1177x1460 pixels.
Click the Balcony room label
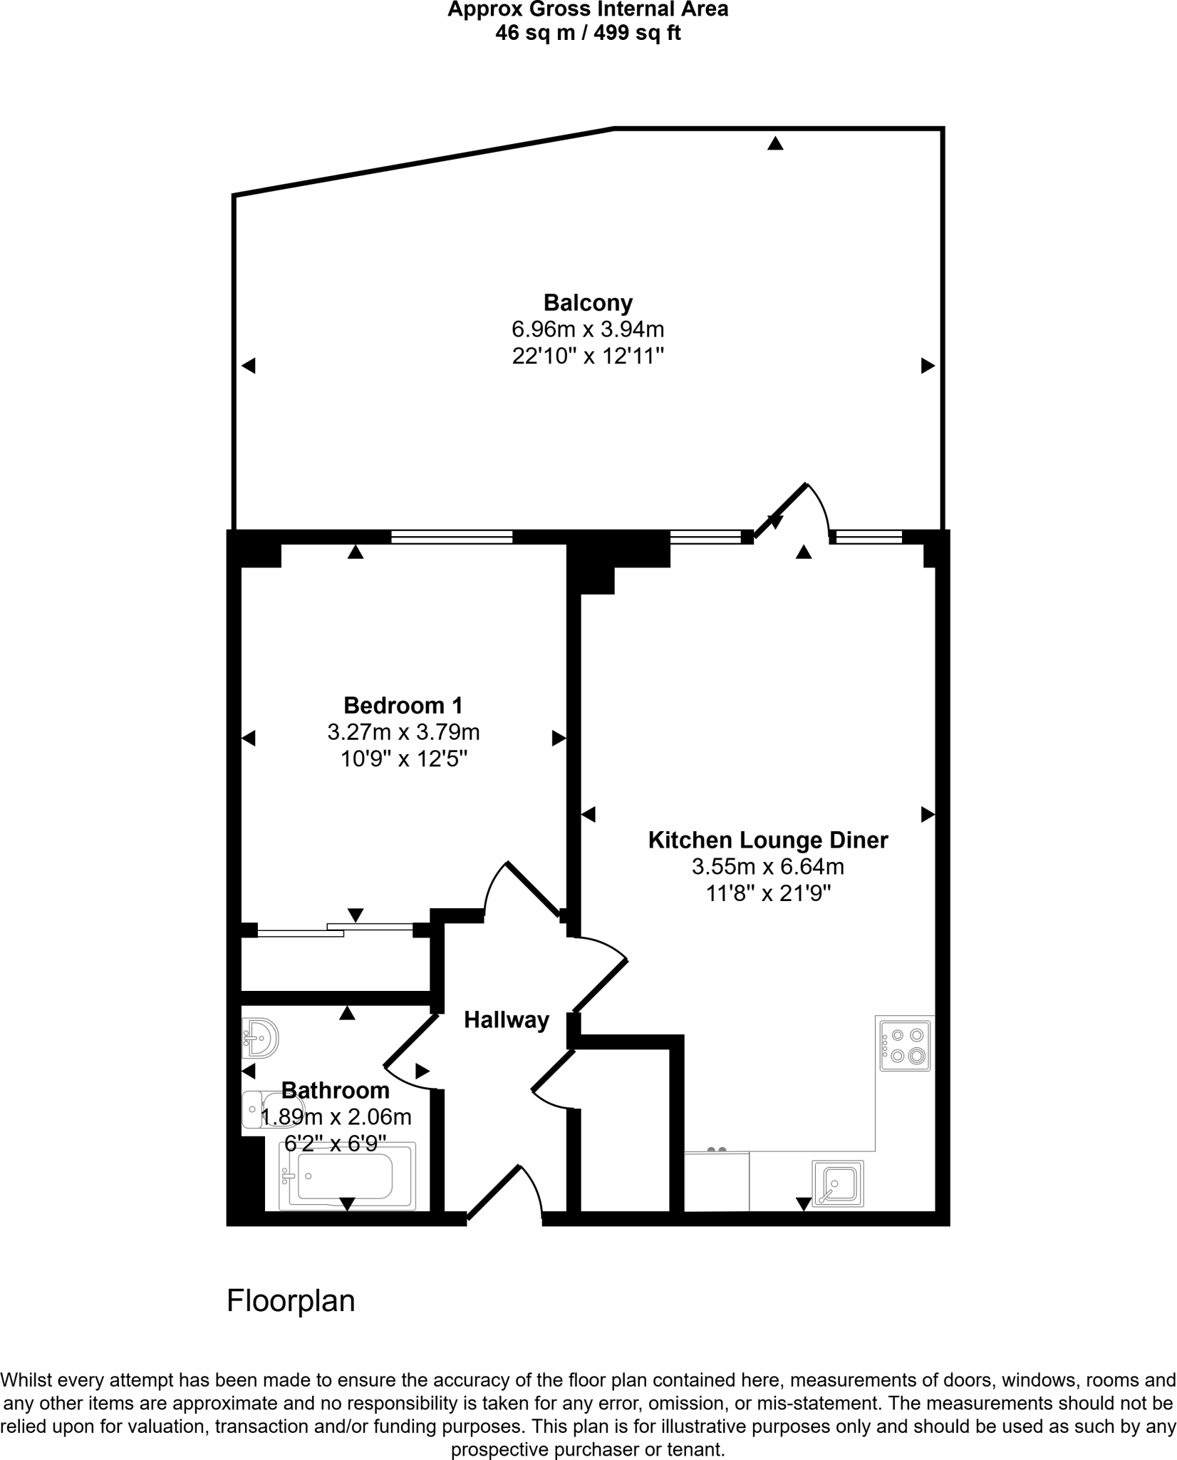point(588,303)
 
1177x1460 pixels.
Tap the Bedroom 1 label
point(403,705)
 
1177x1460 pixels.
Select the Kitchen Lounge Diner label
point(768,840)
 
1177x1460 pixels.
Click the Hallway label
point(507,1020)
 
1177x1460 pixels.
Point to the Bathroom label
point(336,1090)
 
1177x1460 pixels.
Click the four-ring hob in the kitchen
point(905,1045)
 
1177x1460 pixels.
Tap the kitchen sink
point(838,1183)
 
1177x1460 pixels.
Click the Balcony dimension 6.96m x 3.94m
point(588,329)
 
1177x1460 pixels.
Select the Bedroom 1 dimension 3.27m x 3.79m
point(403,732)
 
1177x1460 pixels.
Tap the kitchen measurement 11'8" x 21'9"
point(768,893)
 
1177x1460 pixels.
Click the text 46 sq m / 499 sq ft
point(588,33)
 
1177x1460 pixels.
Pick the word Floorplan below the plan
point(291,1301)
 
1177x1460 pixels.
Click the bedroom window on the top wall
point(452,537)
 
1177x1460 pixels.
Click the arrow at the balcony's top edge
point(775,144)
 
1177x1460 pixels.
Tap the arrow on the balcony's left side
point(248,366)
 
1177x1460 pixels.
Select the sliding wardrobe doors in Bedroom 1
point(335,930)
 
